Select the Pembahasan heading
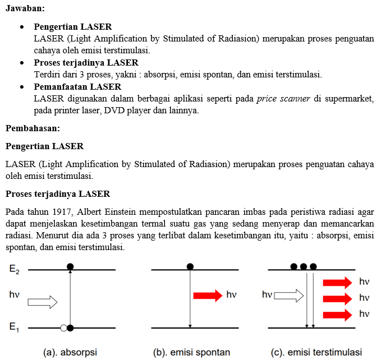(x=33, y=128)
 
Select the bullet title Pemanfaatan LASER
(x=77, y=87)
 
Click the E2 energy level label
(x=15, y=269)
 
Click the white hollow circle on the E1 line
(x=64, y=328)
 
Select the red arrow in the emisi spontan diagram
(x=207, y=295)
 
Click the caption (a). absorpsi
(x=71, y=352)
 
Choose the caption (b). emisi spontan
(x=191, y=352)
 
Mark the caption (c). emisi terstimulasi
(x=316, y=352)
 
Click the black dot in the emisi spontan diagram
(x=190, y=266)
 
